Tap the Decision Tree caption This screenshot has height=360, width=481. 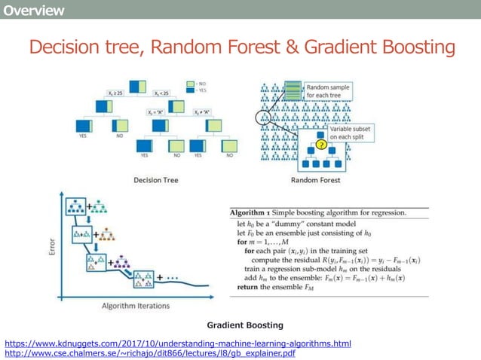pos(155,180)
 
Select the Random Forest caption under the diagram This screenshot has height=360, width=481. pos(315,180)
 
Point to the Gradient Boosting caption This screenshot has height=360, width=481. pos(245,325)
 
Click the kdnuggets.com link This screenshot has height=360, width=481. pos(178,343)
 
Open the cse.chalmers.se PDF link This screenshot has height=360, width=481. pos(150,353)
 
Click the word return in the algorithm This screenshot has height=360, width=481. pos(250,287)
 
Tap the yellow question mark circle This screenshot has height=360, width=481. pos(320,145)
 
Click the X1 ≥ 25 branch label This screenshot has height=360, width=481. pos(117,93)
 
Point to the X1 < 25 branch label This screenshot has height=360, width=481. pos(162,93)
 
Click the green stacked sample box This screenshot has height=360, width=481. pos(291,91)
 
